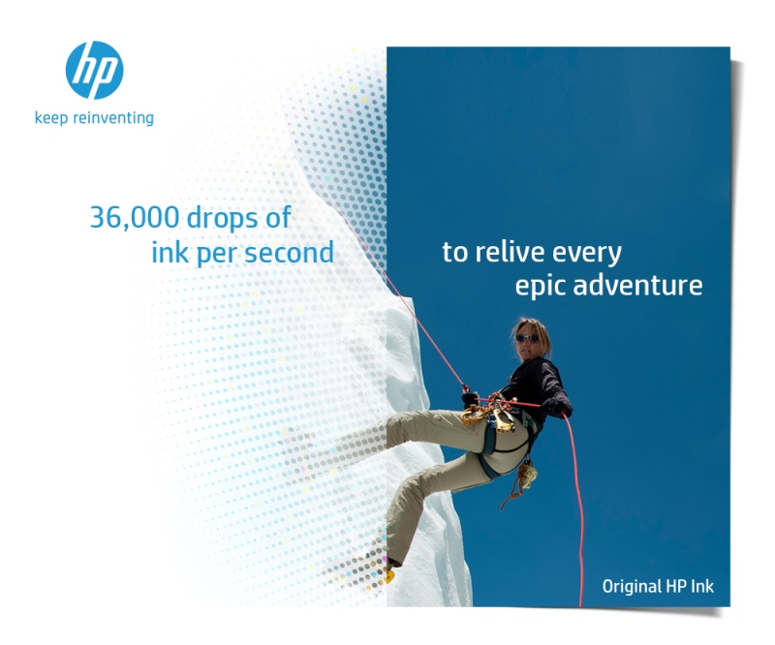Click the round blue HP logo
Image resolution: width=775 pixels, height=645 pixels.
click(x=94, y=70)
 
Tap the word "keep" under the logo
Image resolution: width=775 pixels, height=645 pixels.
click(x=52, y=118)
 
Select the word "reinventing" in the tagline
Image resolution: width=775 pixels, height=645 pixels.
click(x=113, y=118)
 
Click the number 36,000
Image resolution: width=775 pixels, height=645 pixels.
click(x=136, y=218)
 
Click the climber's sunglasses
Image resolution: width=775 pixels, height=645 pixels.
click(x=527, y=339)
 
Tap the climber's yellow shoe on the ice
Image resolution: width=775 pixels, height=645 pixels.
click(x=390, y=575)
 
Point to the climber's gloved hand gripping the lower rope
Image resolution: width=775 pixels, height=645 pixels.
click(x=559, y=408)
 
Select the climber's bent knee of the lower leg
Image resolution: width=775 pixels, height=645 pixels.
click(x=401, y=489)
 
